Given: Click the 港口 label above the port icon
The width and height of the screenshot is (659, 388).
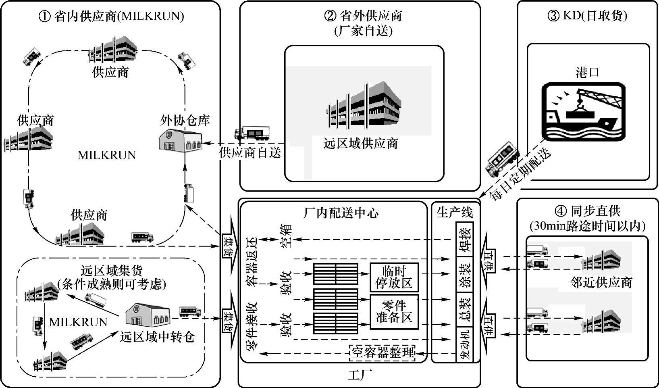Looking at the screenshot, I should pos(587,73).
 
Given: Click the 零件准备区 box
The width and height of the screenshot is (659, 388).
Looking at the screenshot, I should pos(394,311).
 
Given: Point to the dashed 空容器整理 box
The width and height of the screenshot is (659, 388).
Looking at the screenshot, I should pos(382,353).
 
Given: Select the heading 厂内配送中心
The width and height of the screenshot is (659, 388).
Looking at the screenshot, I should pos(341,213).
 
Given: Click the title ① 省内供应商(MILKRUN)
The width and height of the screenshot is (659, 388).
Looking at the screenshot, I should pos(111,16).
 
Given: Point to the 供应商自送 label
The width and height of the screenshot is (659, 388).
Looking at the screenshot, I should pos(250,153).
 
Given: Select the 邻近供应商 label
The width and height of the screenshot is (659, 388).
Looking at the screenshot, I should pos(601,282).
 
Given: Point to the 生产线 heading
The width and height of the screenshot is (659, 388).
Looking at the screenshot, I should pos(455,212).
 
